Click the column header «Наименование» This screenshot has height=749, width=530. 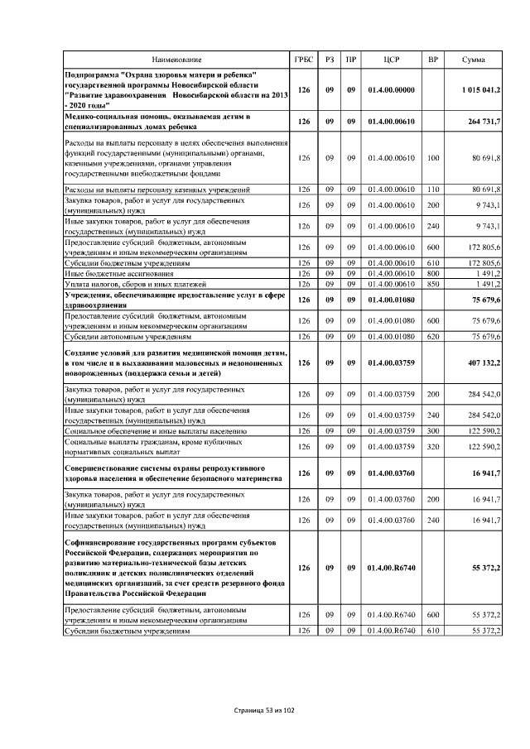[x=176, y=60]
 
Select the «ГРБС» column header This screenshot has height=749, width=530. [x=304, y=60]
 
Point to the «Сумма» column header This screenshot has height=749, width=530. [x=474, y=60]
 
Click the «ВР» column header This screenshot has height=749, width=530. [x=432, y=60]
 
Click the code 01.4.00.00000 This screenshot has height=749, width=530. [x=392, y=89]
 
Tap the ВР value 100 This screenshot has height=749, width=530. [x=432, y=157]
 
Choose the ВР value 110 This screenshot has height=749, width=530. [x=432, y=190]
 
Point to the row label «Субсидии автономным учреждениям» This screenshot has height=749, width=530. [x=128, y=337]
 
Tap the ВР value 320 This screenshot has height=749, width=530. [x=432, y=446]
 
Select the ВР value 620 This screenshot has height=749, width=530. [x=432, y=337]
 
